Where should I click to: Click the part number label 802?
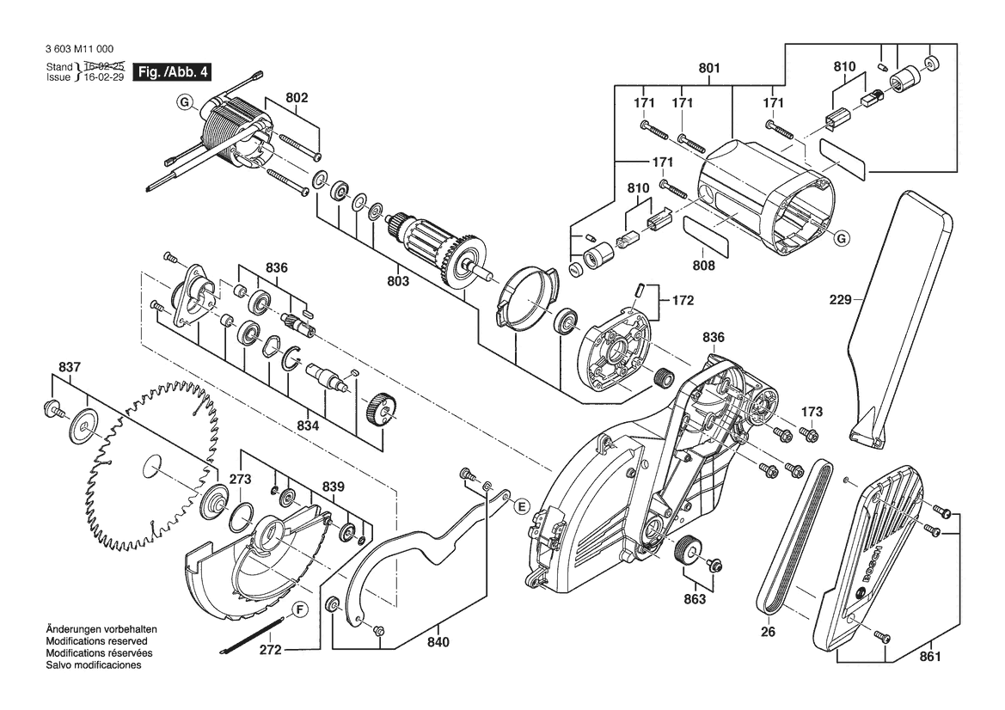(296, 99)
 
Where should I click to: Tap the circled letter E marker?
(520, 507)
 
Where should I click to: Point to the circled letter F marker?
(299, 611)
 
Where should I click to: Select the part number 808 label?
(704, 266)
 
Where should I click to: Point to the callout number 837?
(70, 368)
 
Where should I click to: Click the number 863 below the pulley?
(694, 599)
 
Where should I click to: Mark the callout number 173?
(812, 411)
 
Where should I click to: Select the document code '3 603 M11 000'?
(77, 50)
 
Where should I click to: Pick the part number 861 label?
(930, 657)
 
